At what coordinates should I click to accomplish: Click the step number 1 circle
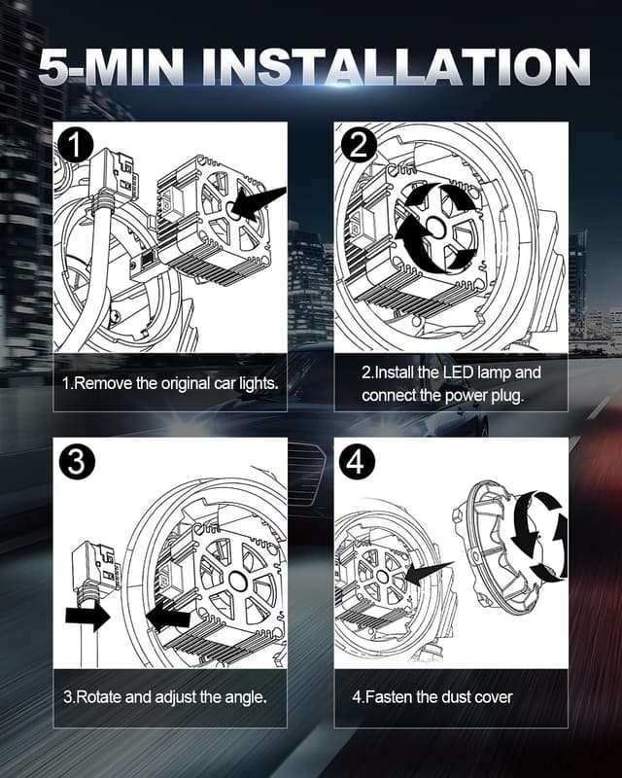pyautogui.click(x=76, y=145)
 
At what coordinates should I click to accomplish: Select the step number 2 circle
pyautogui.click(x=358, y=145)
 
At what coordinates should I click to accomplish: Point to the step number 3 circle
pyautogui.click(x=76, y=462)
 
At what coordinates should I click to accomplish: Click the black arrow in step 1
pyautogui.click(x=259, y=203)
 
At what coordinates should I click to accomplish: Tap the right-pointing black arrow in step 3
pyautogui.click(x=87, y=617)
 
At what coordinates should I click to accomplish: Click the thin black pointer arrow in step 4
pyautogui.click(x=429, y=574)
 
